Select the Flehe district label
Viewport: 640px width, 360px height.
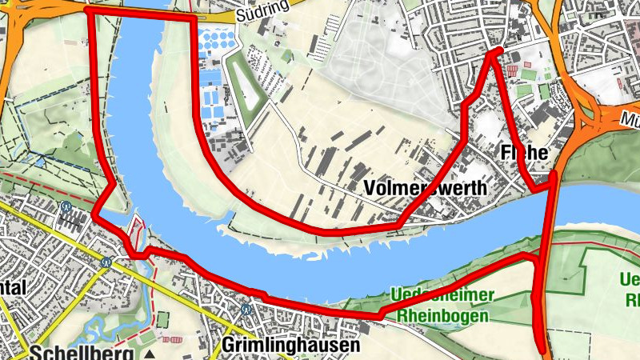[523, 152]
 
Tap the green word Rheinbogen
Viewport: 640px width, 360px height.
[442, 315]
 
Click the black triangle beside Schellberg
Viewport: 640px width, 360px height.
[150, 354]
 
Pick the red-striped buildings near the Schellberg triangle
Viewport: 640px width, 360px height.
[174, 339]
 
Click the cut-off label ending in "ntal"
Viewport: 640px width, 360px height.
[14, 287]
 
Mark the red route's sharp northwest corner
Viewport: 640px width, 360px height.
[86, 10]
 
